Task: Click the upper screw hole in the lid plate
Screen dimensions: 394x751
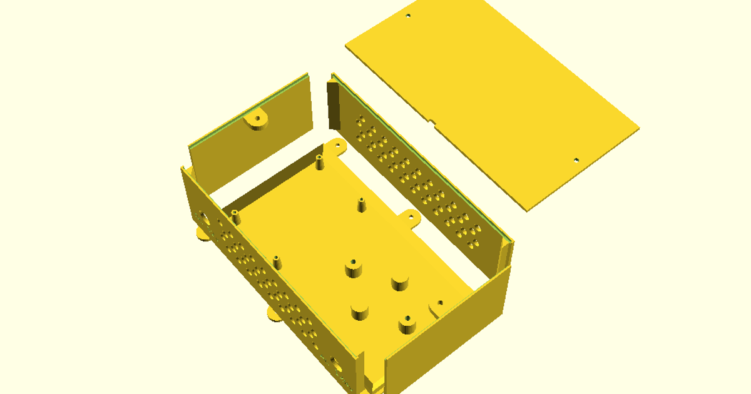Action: pos(408,15)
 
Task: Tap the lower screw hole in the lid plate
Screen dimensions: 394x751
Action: pos(576,160)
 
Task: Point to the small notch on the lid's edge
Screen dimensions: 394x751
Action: pos(432,119)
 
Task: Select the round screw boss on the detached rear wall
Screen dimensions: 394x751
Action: pos(257,119)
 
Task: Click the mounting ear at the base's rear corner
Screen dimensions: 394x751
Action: pos(338,144)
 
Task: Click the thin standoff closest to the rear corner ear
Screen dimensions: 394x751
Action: pos(319,161)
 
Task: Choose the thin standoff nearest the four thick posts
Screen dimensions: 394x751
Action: pos(276,261)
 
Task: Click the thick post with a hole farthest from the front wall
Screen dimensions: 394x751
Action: pos(353,268)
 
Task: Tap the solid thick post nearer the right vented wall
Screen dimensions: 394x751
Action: pos(400,283)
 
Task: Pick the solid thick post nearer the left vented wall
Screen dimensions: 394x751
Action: pos(359,311)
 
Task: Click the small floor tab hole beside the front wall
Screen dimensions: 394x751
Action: pos(440,303)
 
